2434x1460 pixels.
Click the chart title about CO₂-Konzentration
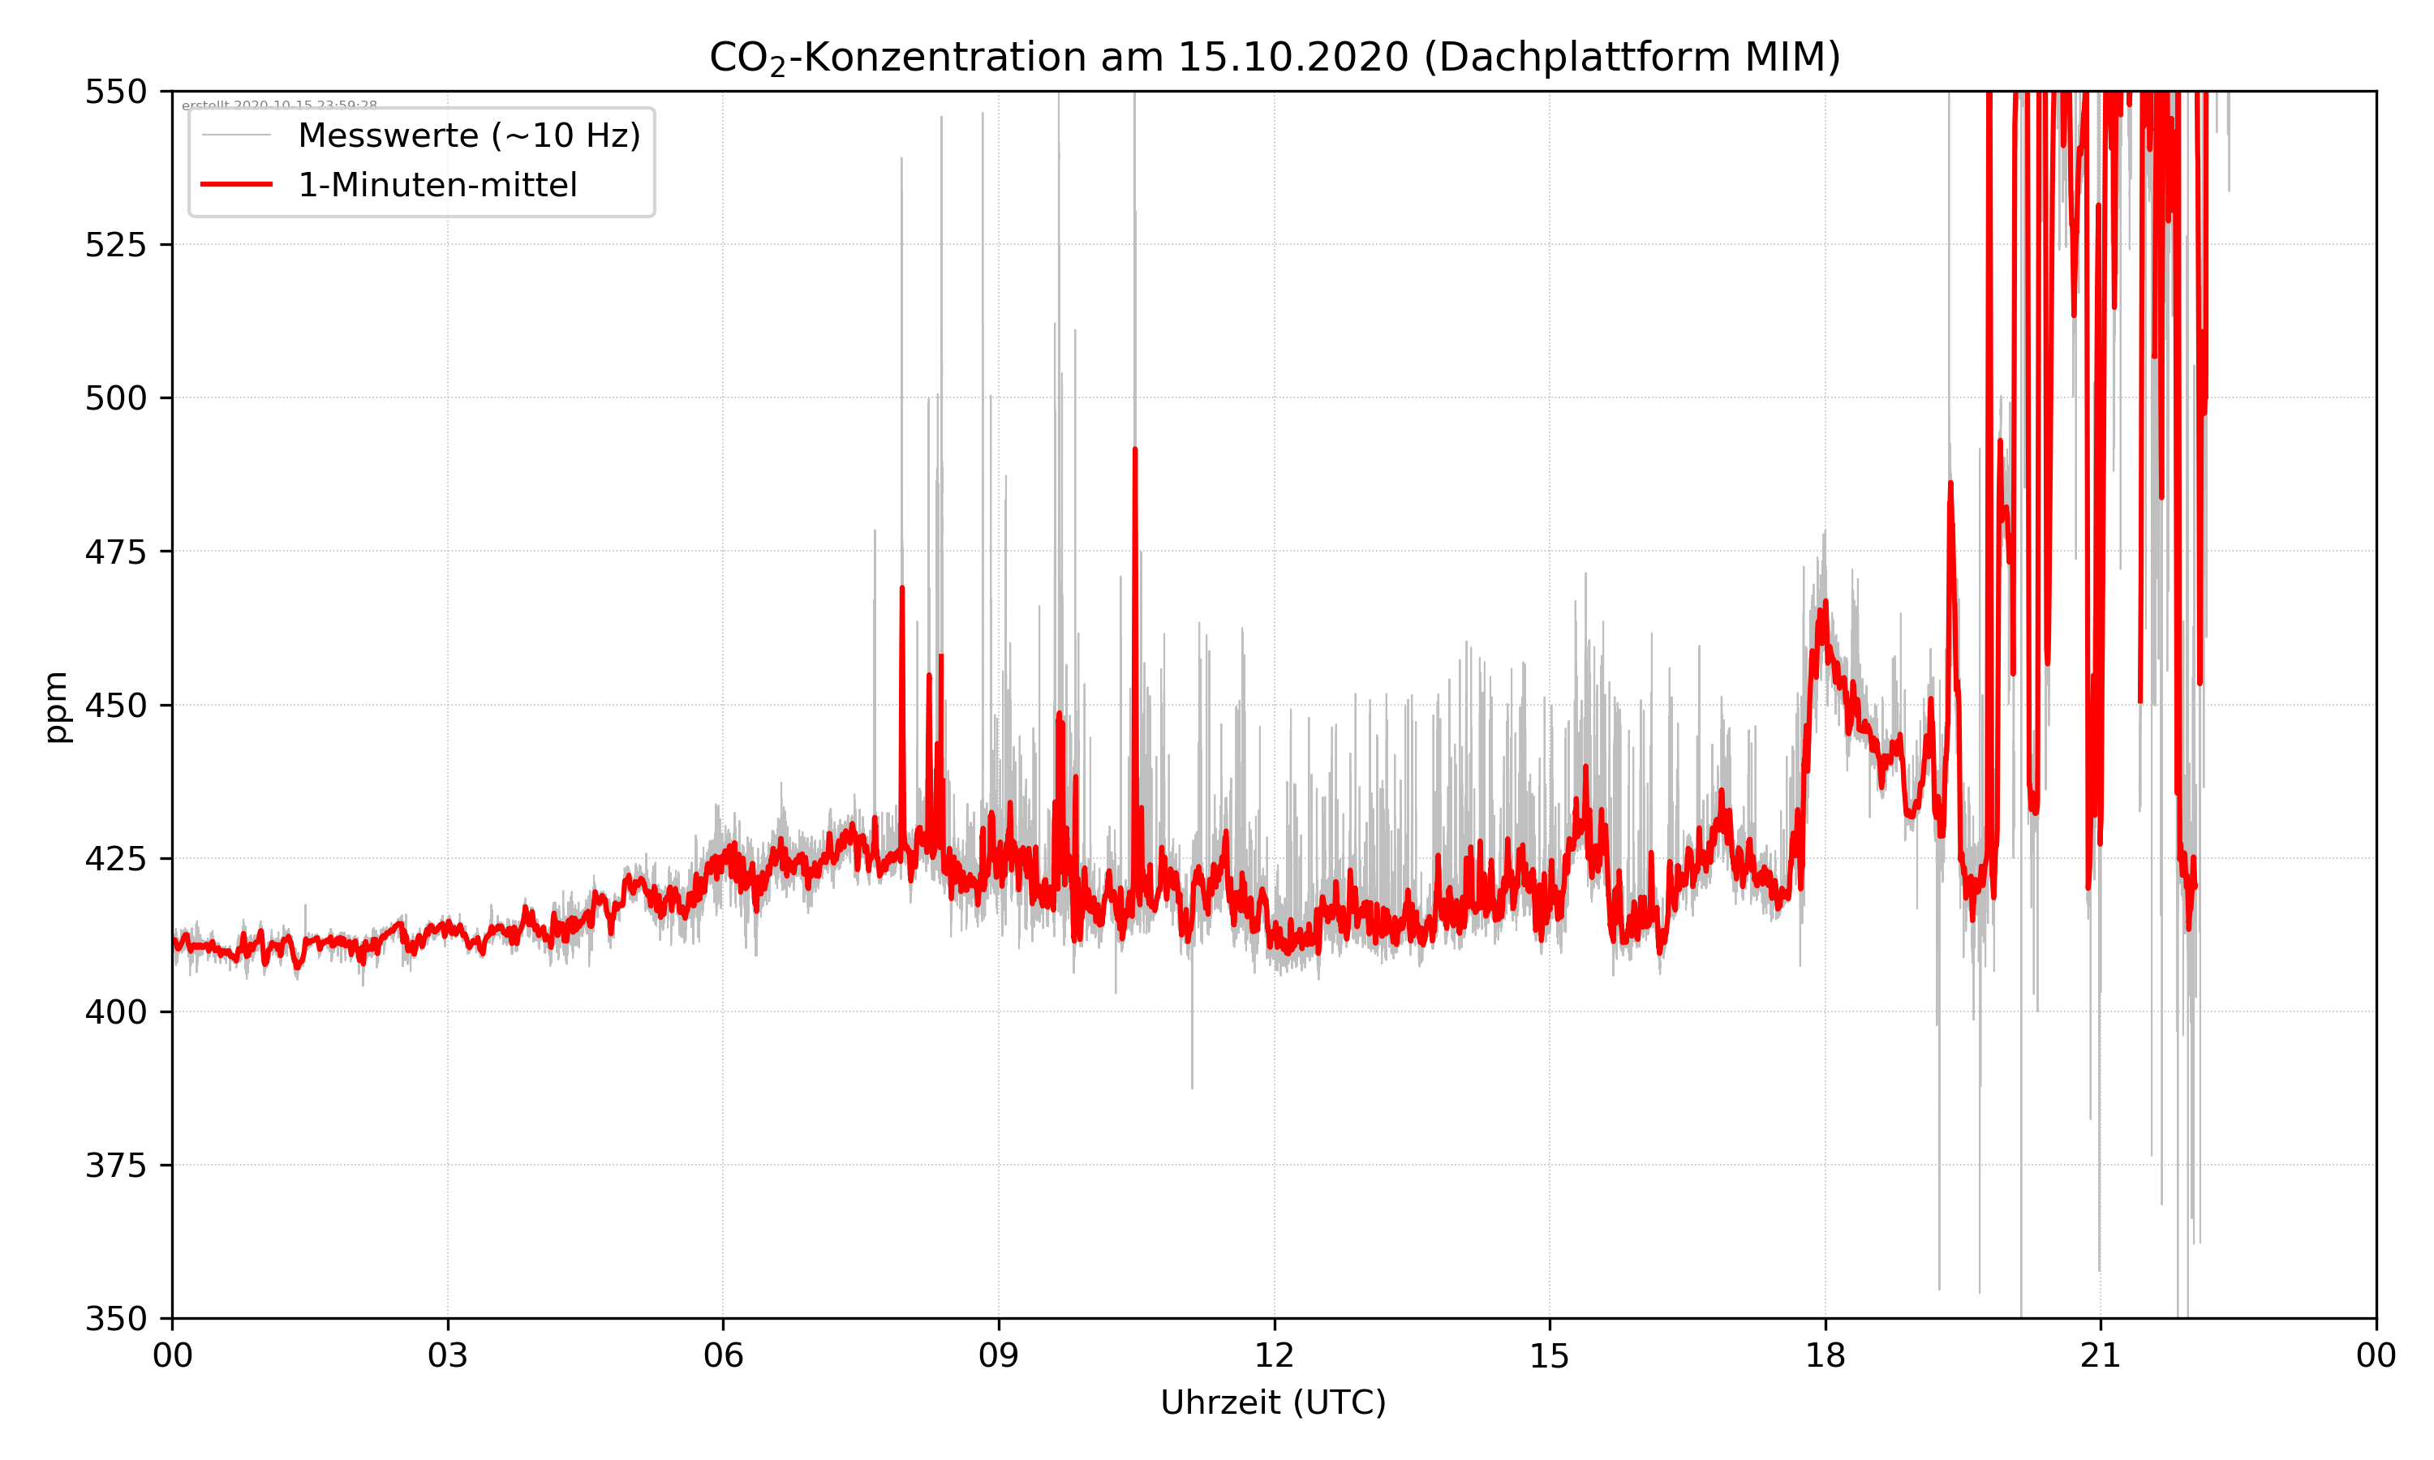pyautogui.click(x=1274, y=57)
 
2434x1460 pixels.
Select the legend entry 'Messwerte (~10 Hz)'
pyautogui.click(x=468, y=135)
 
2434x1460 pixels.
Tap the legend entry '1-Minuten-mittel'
pyautogui.click(x=436, y=185)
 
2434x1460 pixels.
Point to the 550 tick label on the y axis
pyautogui.click(x=115, y=92)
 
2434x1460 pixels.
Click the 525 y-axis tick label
pyautogui.click(x=115, y=245)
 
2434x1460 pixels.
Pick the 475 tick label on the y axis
pyautogui.click(x=115, y=552)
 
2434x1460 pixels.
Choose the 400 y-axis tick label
pyautogui.click(x=115, y=1012)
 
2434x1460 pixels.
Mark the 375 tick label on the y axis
pyautogui.click(x=115, y=1166)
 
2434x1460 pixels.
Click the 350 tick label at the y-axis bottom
pyautogui.click(x=115, y=1320)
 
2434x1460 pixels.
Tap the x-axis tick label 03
pyautogui.click(x=448, y=1355)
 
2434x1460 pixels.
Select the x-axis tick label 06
pyautogui.click(x=723, y=1355)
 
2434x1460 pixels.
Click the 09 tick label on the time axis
pyautogui.click(x=999, y=1355)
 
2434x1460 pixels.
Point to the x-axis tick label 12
pyautogui.click(x=1274, y=1355)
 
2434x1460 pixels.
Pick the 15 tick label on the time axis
pyautogui.click(x=1550, y=1355)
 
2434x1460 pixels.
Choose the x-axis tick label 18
pyautogui.click(x=1825, y=1355)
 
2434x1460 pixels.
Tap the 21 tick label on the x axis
pyautogui.click(x=2101, y=1355)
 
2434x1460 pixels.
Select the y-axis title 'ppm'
pyautogui.click(x=56, y=706)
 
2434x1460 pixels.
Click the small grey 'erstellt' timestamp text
pyautogui.click(x=279, y=105)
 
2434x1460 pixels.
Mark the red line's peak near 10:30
pyautogui.click(x=1134, y=451)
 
